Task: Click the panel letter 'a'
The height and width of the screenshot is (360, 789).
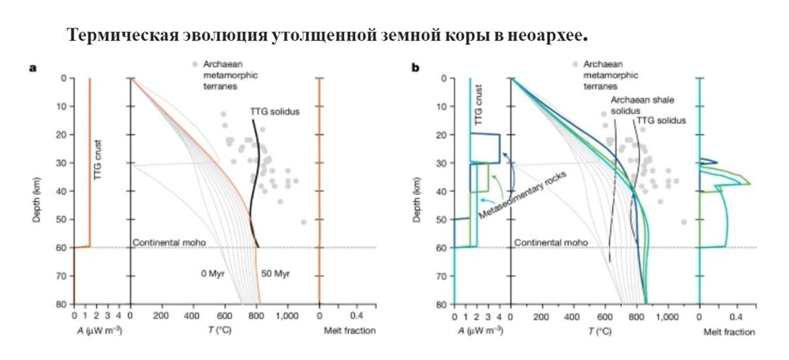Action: point(33,68)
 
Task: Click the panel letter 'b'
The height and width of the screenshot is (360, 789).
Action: point(415,68)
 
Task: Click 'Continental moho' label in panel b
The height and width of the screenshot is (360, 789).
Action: point(550,242)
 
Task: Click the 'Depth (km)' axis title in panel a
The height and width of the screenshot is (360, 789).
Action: point(37,191)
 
